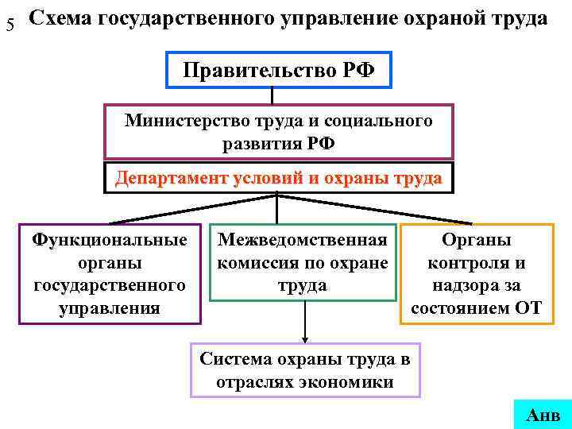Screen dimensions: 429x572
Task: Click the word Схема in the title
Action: click(60, 19)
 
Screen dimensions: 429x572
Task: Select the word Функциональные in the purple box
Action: click(110, 239)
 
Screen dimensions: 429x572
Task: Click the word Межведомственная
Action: click(303, 239)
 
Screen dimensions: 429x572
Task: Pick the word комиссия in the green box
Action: click(257, 262)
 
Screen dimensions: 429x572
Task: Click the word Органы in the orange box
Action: click(477, 239)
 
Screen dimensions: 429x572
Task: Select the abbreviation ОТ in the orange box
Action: click(527, 307)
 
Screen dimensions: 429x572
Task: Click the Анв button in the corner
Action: click(543, 415)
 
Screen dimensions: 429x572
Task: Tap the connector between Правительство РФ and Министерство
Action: click(272, 96)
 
